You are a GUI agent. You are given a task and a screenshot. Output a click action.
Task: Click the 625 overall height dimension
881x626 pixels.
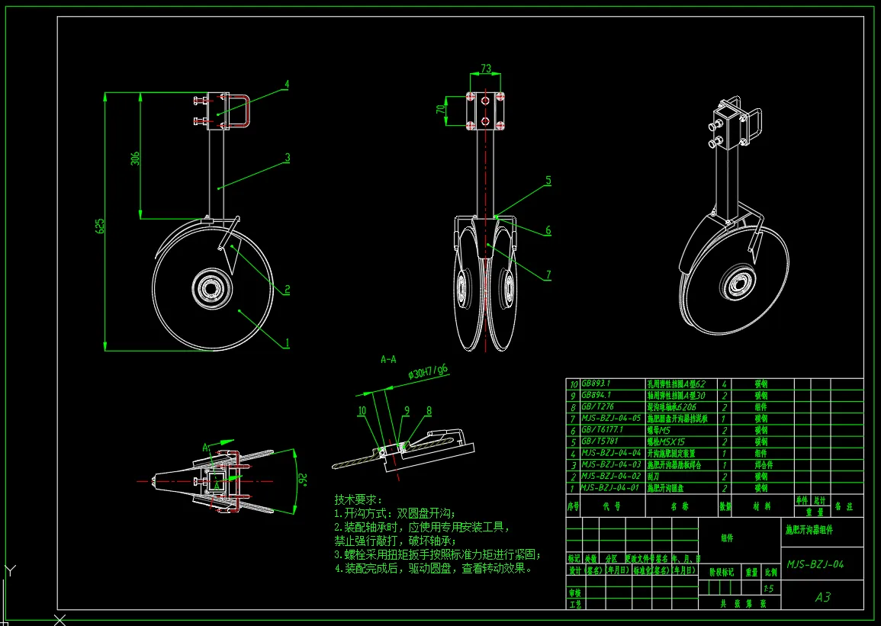[100, 226]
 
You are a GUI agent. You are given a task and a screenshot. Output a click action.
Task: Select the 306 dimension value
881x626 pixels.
[135, 159]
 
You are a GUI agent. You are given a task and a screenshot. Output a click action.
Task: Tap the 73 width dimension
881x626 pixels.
[486, 69]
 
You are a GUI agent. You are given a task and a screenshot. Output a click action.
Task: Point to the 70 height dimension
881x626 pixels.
[439, 109]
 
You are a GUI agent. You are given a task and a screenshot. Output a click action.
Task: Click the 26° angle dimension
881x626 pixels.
[301, 479]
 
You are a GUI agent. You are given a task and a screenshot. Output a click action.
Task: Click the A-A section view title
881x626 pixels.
[387, 358]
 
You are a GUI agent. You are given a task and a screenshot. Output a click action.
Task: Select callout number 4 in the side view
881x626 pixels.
[287, 84]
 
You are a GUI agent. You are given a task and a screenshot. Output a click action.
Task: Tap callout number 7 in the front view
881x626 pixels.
[548, 275]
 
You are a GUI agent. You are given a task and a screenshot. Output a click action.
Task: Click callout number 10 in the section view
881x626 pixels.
[362, 411]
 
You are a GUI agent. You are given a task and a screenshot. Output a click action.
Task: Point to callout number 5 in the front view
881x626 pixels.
[548, 181]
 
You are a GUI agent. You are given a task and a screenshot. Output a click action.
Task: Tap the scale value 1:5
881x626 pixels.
[769, 588]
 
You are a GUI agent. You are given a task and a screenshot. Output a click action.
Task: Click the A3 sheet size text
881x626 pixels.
[822, 597]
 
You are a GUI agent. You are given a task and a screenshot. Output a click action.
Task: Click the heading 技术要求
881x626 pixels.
[357, 499]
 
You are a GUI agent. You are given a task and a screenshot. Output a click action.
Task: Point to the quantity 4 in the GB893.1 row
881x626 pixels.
[723, 385]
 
